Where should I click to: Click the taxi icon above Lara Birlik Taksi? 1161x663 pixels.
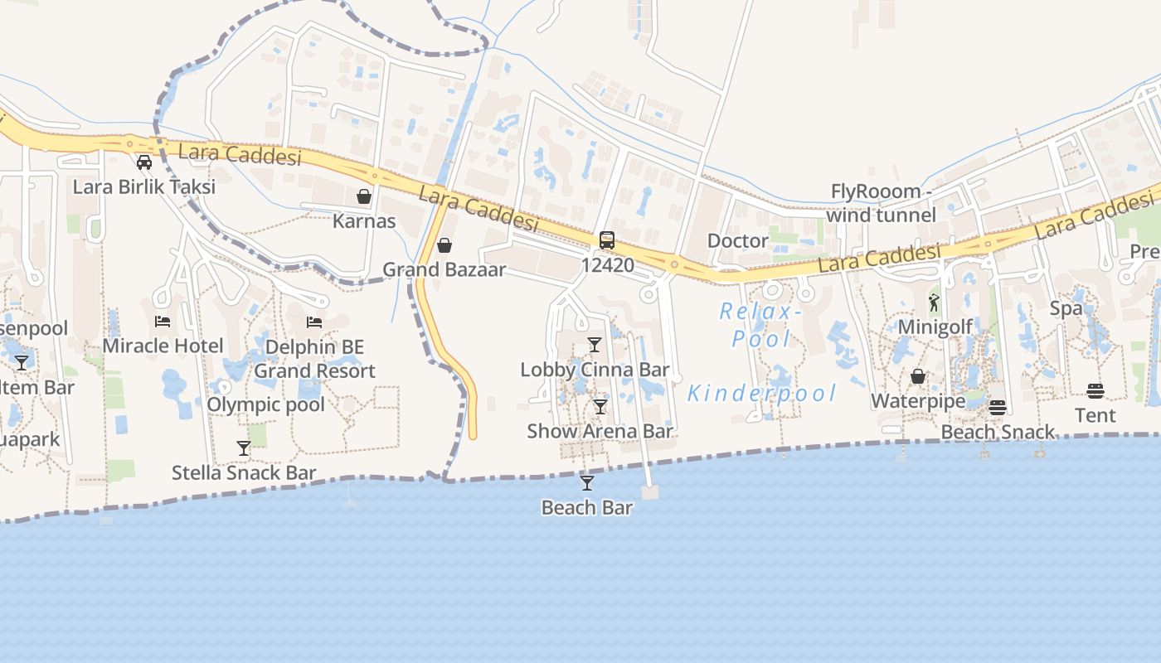point(144,162)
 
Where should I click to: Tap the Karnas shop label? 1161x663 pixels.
point(364,221)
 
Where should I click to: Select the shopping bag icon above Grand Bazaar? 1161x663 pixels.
point(444,245)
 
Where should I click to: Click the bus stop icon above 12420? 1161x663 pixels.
point(607,240)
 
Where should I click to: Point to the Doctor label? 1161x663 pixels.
point(738,240)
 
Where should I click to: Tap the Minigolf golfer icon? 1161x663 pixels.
point(935,302)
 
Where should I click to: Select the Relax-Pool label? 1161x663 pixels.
point(761,325)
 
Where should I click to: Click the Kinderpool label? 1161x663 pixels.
point(761,393)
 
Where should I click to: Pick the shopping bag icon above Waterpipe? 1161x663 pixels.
point(918,377)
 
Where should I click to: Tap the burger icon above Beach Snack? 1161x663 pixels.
point(998,407)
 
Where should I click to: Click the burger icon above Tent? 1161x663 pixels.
point(1095,390)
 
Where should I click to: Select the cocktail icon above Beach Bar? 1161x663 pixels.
point(587,482)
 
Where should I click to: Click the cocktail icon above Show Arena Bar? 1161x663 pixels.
point(600,407)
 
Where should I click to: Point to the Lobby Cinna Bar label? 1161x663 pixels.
point(595,370)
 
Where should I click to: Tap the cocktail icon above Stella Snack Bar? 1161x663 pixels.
point(244,448)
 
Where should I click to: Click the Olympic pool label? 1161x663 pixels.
point(265,404)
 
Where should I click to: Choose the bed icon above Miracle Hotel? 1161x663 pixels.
point(163,322)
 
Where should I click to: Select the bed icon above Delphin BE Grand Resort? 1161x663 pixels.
point(314,322)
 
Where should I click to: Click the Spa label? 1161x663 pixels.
point(1066,308)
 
